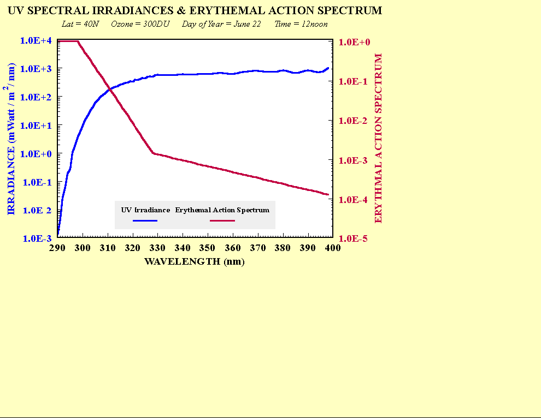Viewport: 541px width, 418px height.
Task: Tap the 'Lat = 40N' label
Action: (81, 25)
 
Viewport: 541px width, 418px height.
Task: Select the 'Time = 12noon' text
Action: (301, 25)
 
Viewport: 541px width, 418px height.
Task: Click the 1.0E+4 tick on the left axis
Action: (36, 40)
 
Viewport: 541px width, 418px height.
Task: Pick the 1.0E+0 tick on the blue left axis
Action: (36, 154)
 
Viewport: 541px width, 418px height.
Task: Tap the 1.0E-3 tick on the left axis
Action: (36, 238)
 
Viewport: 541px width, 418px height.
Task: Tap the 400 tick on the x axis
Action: (333, 248)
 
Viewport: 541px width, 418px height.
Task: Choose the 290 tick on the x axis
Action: (57, 248)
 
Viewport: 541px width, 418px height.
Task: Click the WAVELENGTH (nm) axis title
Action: (195, 261)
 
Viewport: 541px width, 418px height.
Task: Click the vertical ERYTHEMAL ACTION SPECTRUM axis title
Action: (378, 138)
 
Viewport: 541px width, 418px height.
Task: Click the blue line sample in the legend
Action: (145, 220)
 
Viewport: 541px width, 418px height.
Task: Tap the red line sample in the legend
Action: (222, 220)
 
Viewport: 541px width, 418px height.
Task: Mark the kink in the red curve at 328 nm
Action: (154, 153)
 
